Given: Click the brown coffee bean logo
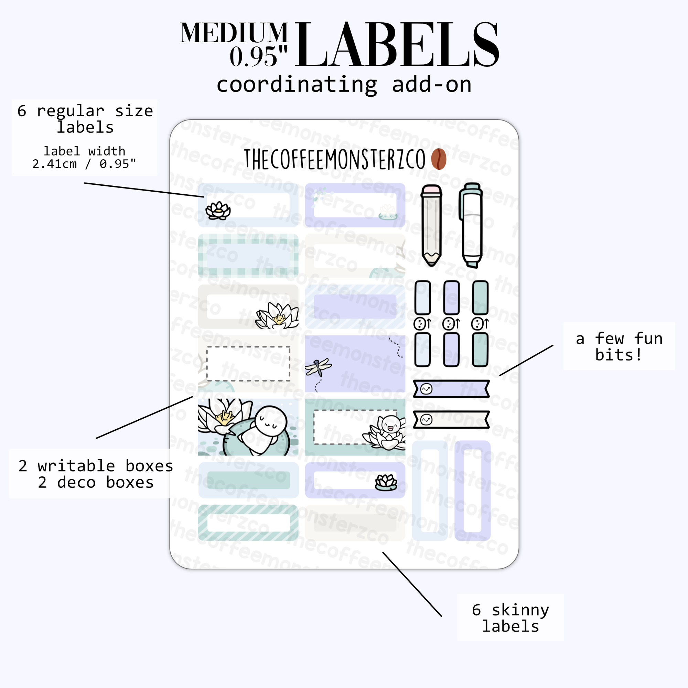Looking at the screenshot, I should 438,159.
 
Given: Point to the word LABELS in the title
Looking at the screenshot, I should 396,45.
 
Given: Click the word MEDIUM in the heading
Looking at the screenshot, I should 234,33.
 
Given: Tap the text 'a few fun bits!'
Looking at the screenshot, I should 619,346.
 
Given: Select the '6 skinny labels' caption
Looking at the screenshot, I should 510,618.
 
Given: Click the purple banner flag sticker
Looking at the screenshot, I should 451,389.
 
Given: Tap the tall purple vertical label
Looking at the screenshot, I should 473,491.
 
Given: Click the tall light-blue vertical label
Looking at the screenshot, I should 430,491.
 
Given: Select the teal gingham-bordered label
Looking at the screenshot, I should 248,256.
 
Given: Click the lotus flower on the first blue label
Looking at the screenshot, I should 218,211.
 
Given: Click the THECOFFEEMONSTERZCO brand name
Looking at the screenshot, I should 334,159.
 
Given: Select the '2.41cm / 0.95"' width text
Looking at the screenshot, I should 84,164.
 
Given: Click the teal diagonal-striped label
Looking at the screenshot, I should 248,523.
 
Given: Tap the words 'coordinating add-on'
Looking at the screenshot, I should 344,85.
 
